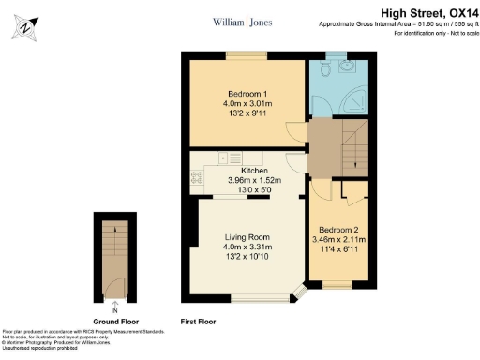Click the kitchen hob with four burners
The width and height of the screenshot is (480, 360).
coord(197,175)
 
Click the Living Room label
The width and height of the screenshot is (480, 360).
coord(247,237)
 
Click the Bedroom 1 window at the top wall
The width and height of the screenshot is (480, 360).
coord(247,57)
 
